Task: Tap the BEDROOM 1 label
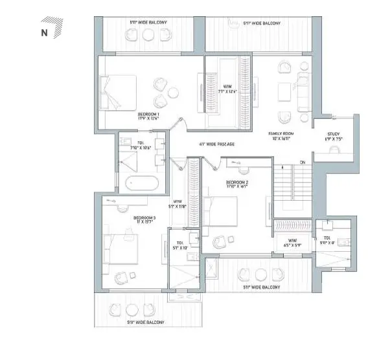pyautogui.click(x=148, y=117)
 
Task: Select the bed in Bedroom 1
pyautogui.click(x=119, y=93)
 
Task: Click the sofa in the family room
pyautogui.click(x=303, y=91)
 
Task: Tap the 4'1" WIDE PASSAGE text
pyautogui.click(x=216, y=144)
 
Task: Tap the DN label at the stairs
pyautogui.click(x=302, y=162)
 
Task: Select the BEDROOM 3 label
pyautogui.click(x=145, y=219)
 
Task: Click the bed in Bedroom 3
pyautogui.click(x=122, y=249)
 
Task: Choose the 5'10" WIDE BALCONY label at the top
pyautogui.click(x=148, y=23)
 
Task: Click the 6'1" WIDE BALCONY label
pyautogui.click(x=262, y=23)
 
